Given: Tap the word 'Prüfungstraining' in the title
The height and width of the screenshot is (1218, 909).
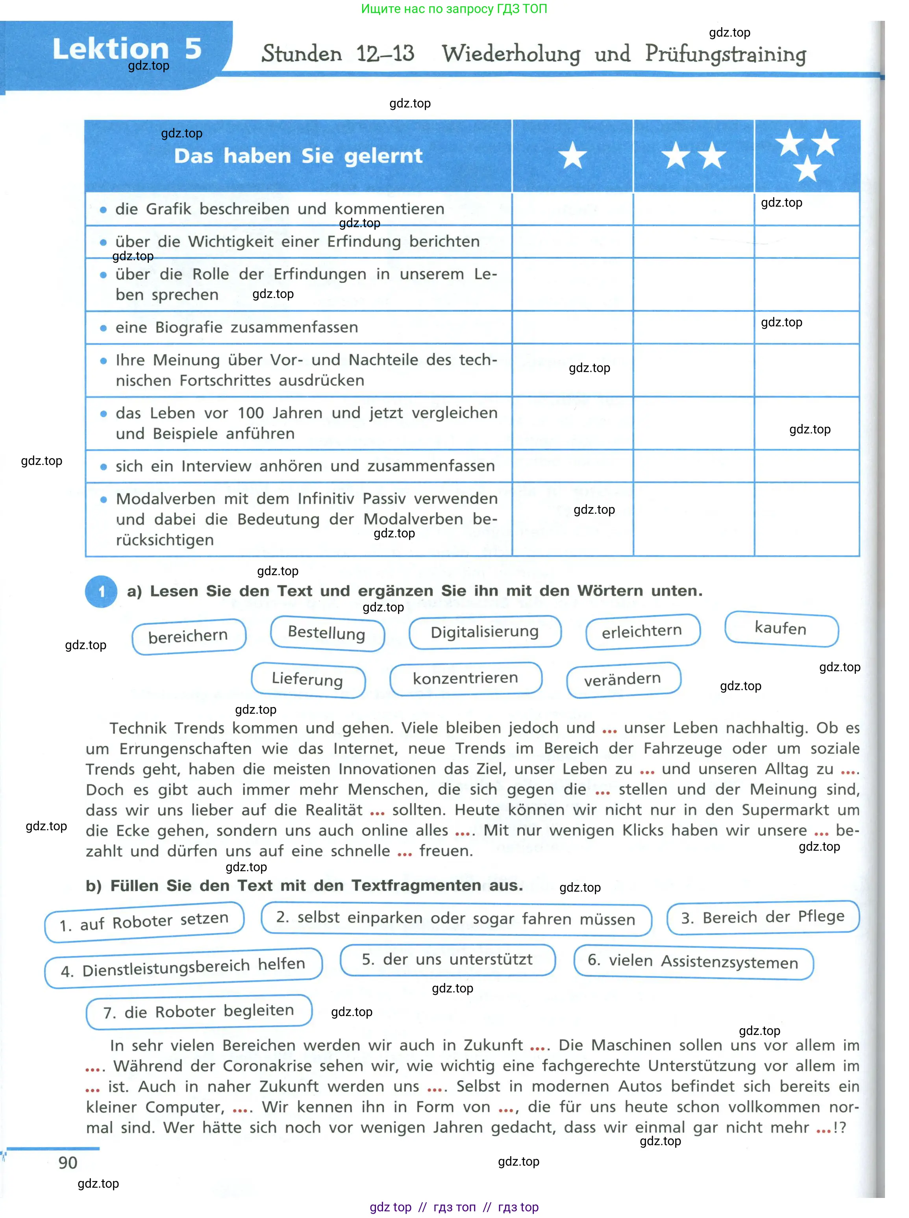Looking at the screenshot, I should [725, 54].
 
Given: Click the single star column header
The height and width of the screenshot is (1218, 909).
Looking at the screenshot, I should [572, 155].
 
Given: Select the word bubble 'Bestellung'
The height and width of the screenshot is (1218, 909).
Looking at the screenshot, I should [327, 633].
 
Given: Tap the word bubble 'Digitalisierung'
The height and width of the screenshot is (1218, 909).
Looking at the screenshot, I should [484, 631].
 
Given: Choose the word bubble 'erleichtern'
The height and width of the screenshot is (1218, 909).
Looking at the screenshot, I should [642, 631].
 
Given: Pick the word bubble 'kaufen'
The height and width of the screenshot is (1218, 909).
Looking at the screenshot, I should [781, 628].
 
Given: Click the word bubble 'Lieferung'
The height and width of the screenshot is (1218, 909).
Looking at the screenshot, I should [307, 679].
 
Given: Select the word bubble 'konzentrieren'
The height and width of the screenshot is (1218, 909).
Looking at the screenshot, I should [465, 678].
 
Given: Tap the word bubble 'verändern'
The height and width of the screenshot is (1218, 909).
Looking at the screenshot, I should [623, 679].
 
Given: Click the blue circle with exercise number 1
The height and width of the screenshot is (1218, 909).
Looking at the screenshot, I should [101, 591].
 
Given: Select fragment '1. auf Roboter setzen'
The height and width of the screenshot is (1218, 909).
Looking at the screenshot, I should [144, 922].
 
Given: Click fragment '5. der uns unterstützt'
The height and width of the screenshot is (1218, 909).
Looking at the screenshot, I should [447, 959].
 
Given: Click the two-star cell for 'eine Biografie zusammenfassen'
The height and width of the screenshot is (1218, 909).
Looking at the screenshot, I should [693, 327].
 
